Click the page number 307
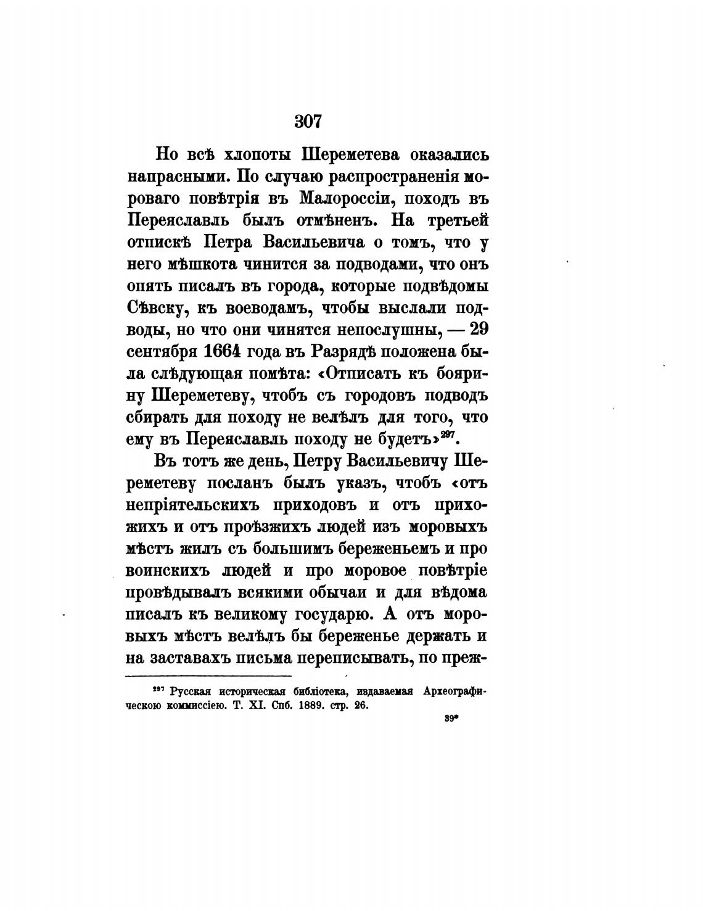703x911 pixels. coord(308,120)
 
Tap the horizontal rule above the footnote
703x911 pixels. coord(208,678)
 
